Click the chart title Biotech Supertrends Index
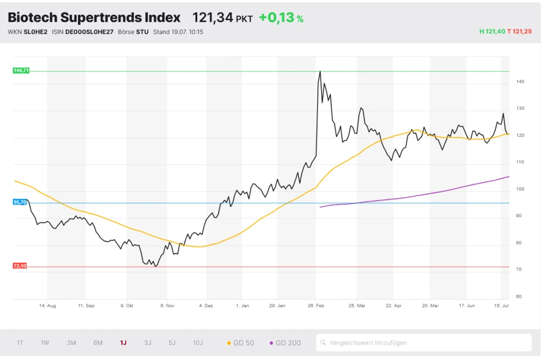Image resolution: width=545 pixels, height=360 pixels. pyautogui.click(x=94, y=17)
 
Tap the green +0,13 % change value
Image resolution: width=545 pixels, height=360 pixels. pyautogui.click(x=281, y=18)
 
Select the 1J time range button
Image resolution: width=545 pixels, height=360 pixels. pyautogui.click(x=123, y=343)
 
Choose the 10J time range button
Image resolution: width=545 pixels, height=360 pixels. pyautogui.click(x=198, y=343)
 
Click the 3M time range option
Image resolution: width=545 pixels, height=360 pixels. pyautogui.click(x=71, y=343)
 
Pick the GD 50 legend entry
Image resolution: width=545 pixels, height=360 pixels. pyautogui.click(x=240, y=343)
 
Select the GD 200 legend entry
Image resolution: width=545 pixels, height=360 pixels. pyautogui.click(x=285, y=343)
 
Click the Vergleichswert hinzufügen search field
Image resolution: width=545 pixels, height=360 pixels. pyautogui.click(x=423, y=343)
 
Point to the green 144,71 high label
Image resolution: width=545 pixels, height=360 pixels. pyautogui.click(x=21, y=71)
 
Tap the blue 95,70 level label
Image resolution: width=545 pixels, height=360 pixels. pyautogui.click(x=20, y=202)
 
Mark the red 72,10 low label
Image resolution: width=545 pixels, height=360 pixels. pyautogui.click(x=20, y=266)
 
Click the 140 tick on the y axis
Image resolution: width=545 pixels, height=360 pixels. pyautogui.click(x=520, y=82)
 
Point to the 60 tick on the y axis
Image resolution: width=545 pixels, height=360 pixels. pyautogui.click(x=519, y=297)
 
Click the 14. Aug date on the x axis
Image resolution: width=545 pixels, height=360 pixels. pyautogui.click(x=47, y=306)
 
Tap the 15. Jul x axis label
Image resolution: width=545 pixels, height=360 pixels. pyautogui.click(x=501, y=306)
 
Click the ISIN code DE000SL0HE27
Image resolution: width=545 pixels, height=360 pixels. pyautogui.click(x=89, y=32)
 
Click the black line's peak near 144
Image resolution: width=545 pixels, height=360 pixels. pyautogui.click(x=320, y=71)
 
